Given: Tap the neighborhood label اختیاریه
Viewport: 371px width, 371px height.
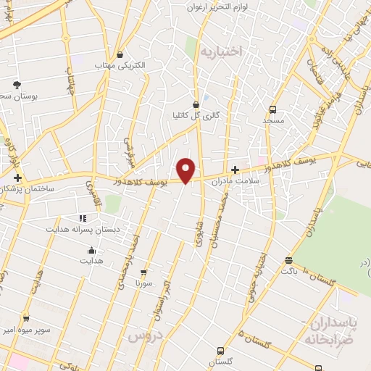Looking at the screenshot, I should (x=220, y=51).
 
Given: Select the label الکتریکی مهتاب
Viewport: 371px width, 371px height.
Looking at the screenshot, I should (x=120, y=65).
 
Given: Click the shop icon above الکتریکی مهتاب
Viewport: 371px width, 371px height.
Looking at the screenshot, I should (x=120, y=54).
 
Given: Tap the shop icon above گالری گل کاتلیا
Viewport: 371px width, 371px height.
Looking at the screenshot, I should (x=196, y=104).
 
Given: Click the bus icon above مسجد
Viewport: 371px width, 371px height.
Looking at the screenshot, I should (x=273, y=109).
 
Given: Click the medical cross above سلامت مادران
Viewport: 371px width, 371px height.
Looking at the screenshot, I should (x=235, y=169).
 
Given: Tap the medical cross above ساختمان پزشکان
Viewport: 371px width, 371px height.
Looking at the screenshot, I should (x=17, y=178).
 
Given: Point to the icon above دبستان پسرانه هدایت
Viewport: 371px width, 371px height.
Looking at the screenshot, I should (x=83, y=217).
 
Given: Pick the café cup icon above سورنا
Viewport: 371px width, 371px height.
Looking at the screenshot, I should (x=143, y=273).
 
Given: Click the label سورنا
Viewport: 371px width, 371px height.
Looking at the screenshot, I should (x=143, y=284).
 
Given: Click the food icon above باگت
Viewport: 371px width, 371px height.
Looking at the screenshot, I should (x=289, y=260).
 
